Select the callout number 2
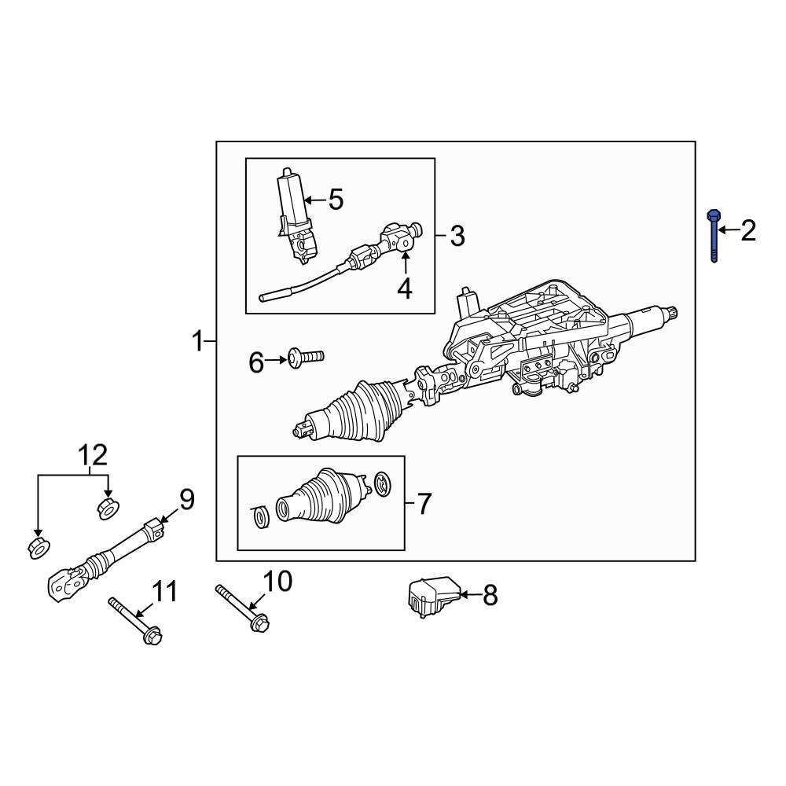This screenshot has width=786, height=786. coord(747,230)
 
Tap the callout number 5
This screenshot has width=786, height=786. coord(336,200)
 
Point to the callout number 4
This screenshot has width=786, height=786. coord(404,289)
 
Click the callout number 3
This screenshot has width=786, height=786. coord(457,235)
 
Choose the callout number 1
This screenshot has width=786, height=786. coord(198,341)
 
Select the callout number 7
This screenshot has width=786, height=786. coord(424,503)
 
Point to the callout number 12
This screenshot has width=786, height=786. coord(92,454)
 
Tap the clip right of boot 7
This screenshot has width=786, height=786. coord(382,484)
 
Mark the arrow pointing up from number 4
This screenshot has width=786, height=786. coord(405,263)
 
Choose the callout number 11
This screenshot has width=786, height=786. coord(165,590)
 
